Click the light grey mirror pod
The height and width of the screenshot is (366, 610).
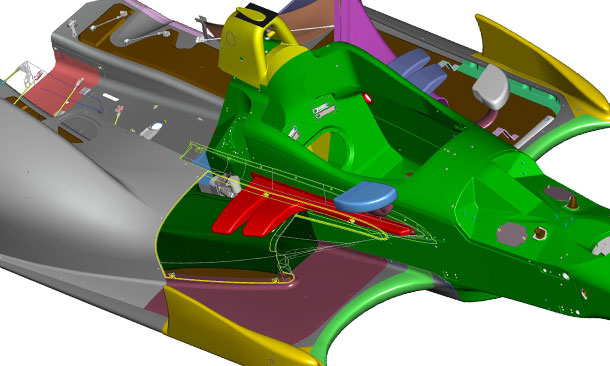(492, 89)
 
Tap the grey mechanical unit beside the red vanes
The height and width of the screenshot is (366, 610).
(222, 184)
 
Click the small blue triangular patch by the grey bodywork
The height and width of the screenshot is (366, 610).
(199, 159)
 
